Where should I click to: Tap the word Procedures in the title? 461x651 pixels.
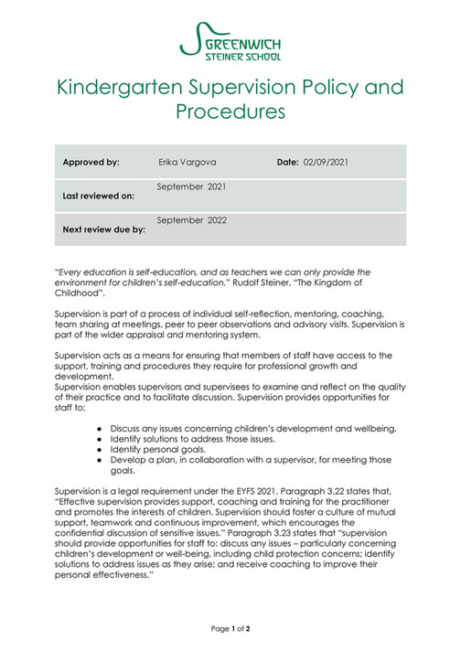(230, 112)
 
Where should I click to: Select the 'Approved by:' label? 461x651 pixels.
(91, 162)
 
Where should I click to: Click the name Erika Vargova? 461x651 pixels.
(189, 162)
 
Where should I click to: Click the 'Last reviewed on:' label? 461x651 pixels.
(98, 196)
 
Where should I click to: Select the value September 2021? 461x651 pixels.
(192, 187)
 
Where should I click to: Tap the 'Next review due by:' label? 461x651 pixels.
(103, 229)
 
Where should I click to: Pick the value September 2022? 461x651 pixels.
(192, 220)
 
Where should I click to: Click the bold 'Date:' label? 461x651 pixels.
(288, 162)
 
